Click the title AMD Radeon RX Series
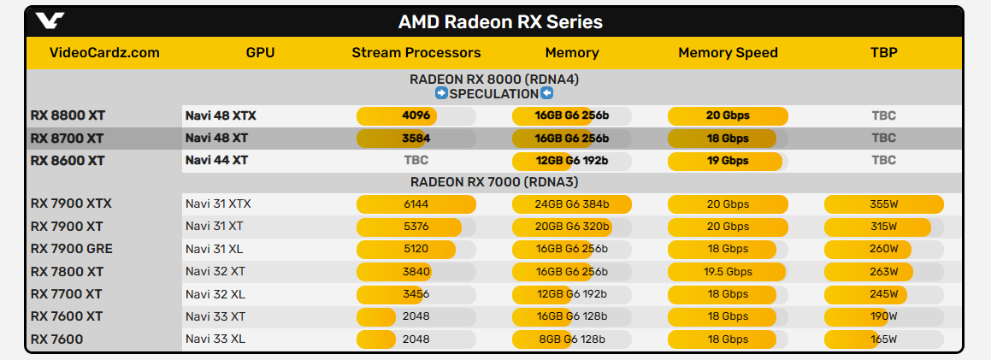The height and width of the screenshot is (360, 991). click(x=500, y=21)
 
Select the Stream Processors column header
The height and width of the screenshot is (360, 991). click(x=416, y=53)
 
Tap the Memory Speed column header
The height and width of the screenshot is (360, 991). click(x=728, y=53)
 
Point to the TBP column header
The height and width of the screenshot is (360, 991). click(x=883, y=53)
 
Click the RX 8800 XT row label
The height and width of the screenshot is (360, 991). click(x=68, y=115)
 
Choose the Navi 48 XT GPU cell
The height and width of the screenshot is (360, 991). click(x=216, y=138)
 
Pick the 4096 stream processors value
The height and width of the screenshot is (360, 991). click(x=416, y=115)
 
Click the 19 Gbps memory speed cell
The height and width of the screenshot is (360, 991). click(x=728, y=160)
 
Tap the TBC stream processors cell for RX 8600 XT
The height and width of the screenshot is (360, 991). click(x=416, y=160)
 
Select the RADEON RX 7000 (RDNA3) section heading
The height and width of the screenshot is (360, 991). click(x=494, y=181)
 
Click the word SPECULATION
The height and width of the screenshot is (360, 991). click(x=494, y=93)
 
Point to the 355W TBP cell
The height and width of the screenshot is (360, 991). click(x=883, y=204)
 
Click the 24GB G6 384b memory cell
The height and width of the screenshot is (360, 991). click(x=571, y=204)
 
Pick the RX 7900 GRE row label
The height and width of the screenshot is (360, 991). click(x=72, y=249)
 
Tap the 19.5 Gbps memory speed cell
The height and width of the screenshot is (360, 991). click(x=728, y=271)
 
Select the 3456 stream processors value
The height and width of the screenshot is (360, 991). click(x=416, y=294)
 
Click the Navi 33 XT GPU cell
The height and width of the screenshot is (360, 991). click(x=216, y=316)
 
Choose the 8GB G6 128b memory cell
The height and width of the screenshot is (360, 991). click(x=571, y=339)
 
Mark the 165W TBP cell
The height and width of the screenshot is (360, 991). click(x=883, y=339)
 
